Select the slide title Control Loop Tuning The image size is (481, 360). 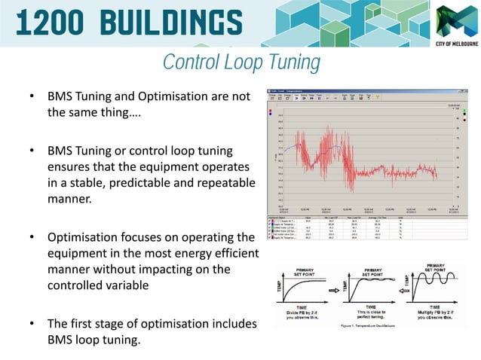[x=241, y=62]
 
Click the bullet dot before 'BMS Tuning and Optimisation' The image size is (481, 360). [x=31, y=98]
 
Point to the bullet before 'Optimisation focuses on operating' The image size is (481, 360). [x=31, y=237]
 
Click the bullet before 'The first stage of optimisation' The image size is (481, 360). [x=31, y=324]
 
